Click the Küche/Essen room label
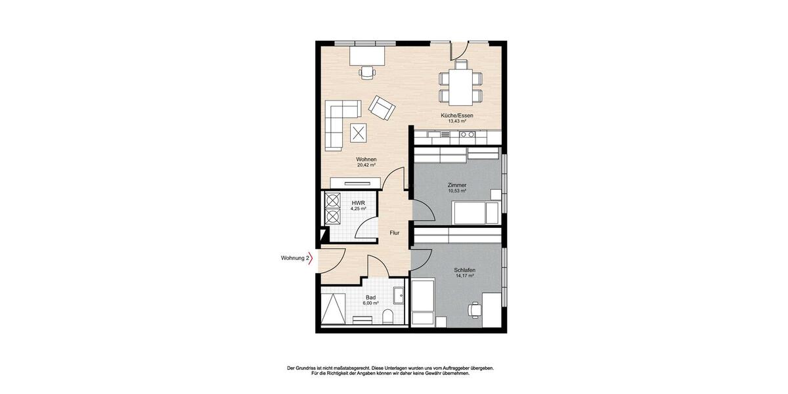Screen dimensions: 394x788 [457, 116]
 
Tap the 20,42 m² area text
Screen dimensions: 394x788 [366, 165]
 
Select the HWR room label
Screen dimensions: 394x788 [357, 203]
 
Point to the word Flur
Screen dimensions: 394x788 [394, 233]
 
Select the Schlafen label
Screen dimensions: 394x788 [464, 271]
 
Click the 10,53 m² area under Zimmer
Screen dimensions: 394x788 [456, 191]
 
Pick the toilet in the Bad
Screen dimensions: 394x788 [387, 317]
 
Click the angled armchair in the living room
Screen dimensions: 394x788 [382, 107]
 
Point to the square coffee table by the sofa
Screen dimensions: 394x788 [359, 133]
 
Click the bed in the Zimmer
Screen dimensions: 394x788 [475, 212]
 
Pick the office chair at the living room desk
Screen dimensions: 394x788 [366, 72]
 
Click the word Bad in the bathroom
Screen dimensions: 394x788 [370, 297]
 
